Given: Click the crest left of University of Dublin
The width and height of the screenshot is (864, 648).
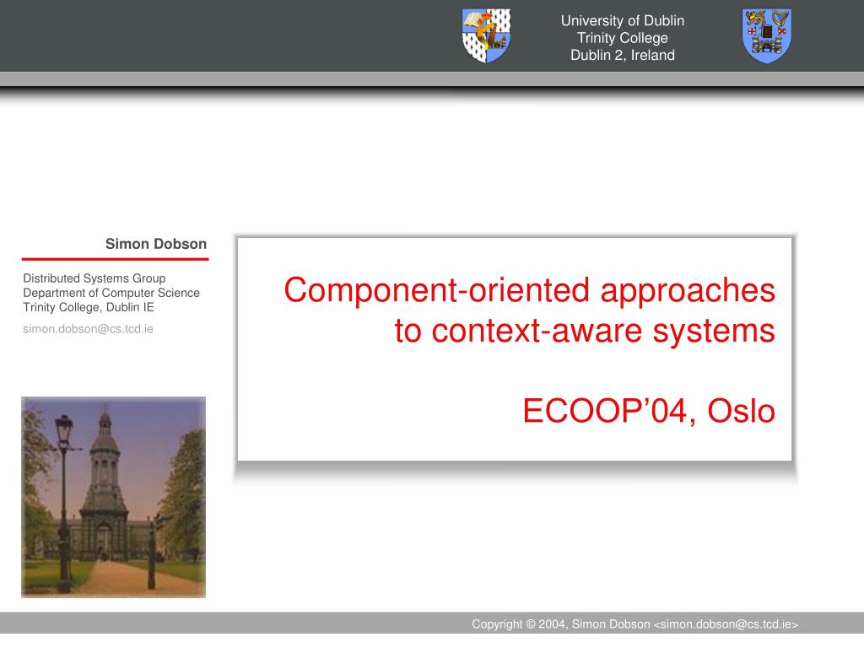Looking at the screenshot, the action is coord(486,35).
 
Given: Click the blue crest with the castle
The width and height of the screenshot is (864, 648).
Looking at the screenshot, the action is coord(766,35).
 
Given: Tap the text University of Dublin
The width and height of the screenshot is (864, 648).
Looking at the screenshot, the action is coord(623,20).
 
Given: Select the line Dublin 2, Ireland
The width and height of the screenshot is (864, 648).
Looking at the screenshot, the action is coord(623,55).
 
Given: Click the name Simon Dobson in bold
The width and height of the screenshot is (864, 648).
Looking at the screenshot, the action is coord(156,244).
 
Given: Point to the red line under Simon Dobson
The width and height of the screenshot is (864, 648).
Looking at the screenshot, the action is coord(115,258).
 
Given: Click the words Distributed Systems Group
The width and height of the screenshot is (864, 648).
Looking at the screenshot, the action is coord(94,278).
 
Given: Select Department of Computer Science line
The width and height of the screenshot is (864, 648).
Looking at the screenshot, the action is coord(111,293).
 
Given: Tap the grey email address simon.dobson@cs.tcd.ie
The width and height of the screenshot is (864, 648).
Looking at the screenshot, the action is coord(88,329).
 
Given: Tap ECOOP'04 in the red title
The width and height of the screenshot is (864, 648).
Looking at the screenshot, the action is coord(605,411).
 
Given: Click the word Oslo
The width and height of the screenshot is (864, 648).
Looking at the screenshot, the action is coord(741,411).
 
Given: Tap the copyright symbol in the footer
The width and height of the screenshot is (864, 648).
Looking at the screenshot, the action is coord(531,624).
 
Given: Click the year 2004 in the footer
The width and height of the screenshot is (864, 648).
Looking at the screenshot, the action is coord(552,624).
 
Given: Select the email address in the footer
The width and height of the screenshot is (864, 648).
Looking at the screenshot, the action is coord(726,624).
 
